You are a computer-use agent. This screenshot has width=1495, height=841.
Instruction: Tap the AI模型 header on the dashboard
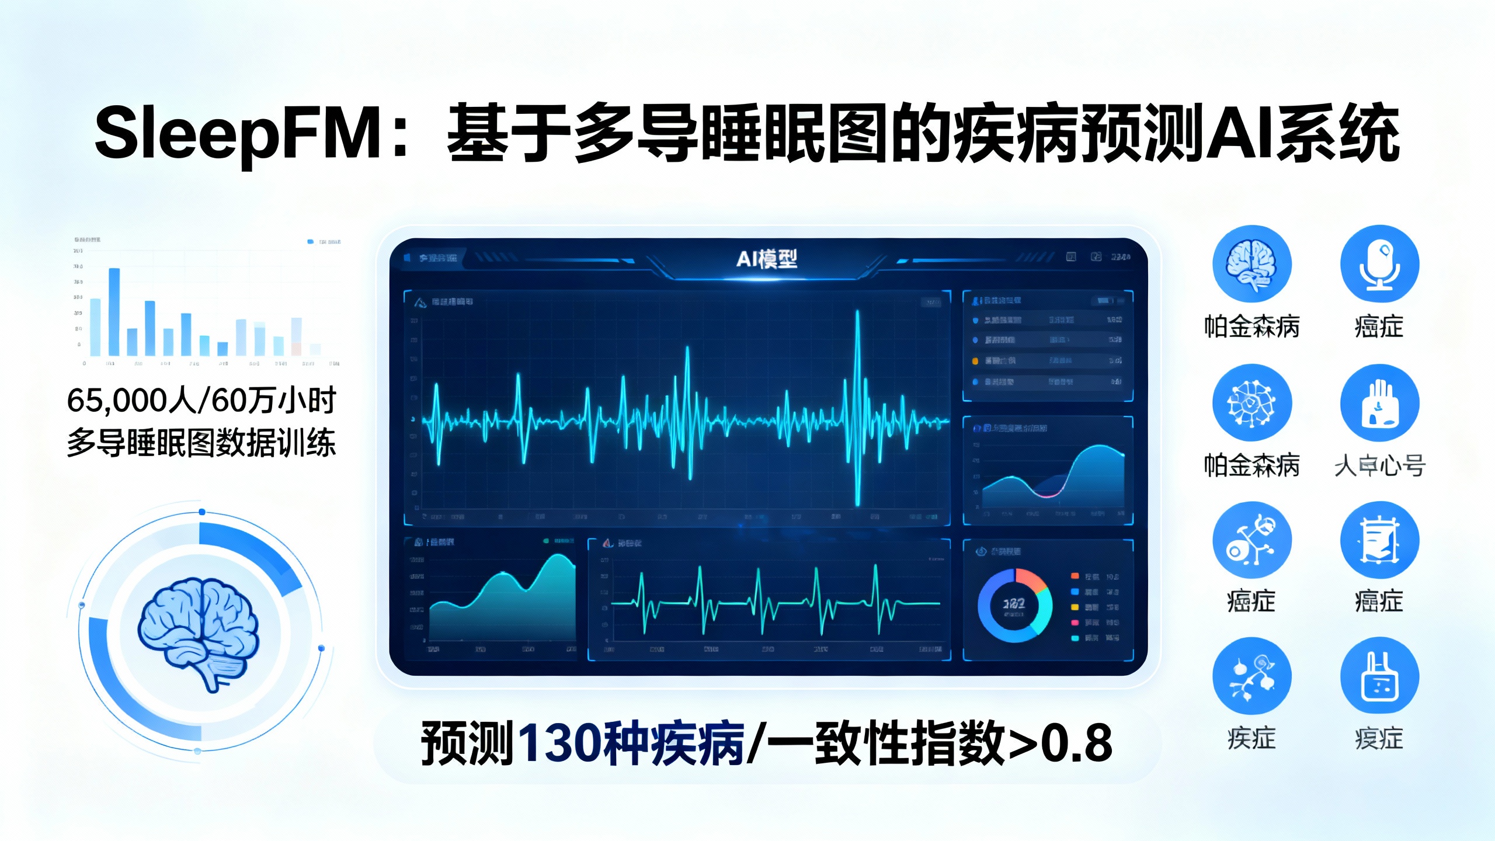pos(766,259)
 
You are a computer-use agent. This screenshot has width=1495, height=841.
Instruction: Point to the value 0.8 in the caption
pos(1077,743)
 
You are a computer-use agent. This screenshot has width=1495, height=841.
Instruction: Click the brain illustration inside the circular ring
pos(199,631)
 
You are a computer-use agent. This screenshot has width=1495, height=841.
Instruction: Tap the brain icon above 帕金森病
pos(1251,264)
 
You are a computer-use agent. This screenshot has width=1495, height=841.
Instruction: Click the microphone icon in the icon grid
pos(1379,264)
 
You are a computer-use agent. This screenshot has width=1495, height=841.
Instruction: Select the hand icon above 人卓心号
pos(1379,403)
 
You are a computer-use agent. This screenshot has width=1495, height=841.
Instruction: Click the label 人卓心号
pos(1379,466)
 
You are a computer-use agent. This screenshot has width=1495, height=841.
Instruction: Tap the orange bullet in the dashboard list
pos(975,361)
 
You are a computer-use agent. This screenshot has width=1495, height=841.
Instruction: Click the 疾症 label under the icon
pos(1251,739)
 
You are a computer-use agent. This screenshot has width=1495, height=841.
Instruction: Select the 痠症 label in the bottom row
pos(1379,739)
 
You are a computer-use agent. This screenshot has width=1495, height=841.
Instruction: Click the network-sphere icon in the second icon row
pos(1251,403)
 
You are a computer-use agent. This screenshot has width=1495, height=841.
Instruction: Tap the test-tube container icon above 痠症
pos(1379,676)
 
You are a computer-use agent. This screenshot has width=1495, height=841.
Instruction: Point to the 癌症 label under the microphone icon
pos(1379,327)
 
